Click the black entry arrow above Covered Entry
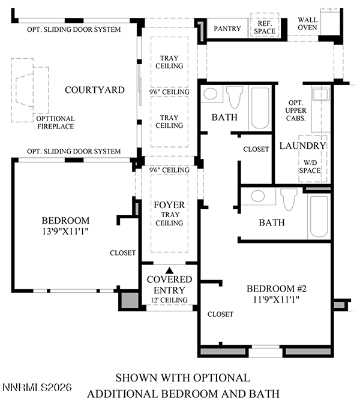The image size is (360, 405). tap(169, 270)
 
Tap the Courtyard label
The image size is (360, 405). tap(95, 90)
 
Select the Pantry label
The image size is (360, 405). tap(227, 28)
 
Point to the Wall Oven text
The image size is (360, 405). tap(307, 23)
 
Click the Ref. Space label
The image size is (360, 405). tap(265, 27)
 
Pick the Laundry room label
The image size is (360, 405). tap(302, 146)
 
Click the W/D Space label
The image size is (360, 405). tap(310, 167)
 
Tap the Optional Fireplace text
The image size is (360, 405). tap(56, 122)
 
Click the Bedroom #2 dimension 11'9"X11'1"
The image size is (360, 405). tap(277, 299)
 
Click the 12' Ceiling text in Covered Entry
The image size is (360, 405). tap(169, 300)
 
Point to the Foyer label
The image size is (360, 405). tap(169, 205)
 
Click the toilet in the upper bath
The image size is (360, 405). tap(235, 97)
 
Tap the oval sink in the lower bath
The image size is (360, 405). tap(258, 196)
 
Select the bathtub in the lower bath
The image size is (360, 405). tap(319, 217)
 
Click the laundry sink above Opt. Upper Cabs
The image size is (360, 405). tap(320, 94)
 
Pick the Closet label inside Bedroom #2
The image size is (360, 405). tap(220, 314)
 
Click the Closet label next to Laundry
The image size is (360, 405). tap(256, 149)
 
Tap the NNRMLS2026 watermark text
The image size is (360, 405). tap(37, 388)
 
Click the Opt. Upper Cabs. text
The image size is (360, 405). tap(296, 110)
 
